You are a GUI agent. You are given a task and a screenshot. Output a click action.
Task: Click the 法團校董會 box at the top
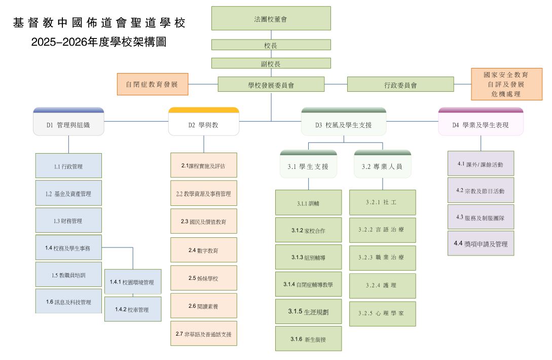click(271, 18)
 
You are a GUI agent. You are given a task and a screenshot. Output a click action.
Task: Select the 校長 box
click(271, 45)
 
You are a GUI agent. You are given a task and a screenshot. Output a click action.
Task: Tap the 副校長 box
click(271, 63)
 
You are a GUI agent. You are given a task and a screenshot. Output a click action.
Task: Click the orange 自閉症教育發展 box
click(153, 84)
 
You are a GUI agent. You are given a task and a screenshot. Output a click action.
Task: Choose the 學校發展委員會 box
click(271, 85)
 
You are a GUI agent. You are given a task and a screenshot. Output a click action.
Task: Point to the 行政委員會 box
click(400, 85)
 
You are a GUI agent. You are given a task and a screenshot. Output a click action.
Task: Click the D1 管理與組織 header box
click(68, 124)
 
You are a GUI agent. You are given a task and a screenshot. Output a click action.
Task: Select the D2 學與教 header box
click(203, 124)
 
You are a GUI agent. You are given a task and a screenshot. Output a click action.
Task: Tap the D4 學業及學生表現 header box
click(480, 124)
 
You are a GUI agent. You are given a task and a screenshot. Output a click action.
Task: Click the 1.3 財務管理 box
click(68, 221)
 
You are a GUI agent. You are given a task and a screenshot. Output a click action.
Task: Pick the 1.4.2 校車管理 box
click(132, 309)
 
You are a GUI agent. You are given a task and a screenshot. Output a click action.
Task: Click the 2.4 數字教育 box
click(203, 250)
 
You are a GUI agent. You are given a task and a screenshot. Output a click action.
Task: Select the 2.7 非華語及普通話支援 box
click(203, 334)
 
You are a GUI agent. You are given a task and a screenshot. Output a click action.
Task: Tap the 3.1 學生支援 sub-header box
click(308, 166)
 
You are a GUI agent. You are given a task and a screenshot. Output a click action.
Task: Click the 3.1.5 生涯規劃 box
click(308, 311)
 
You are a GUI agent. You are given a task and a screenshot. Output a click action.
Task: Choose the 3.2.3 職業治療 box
click(382, 258)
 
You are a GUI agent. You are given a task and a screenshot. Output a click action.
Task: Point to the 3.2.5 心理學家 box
click(382, 313)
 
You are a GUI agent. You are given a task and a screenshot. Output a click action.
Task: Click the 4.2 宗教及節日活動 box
click(481, 191)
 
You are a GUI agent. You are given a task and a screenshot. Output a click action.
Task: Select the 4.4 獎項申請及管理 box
click(481, 243)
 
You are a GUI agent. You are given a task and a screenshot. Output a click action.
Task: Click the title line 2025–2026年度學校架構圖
click(98, 42)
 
